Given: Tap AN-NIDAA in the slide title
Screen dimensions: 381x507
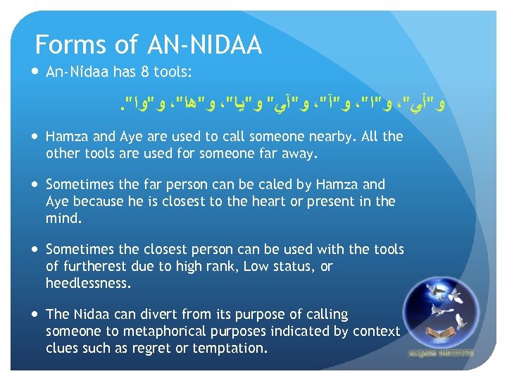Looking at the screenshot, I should pos(205,45).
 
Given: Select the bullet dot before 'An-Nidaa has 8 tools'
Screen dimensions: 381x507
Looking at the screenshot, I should pos(35,72).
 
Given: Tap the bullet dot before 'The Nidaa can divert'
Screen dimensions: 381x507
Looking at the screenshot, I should pos(35,315).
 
